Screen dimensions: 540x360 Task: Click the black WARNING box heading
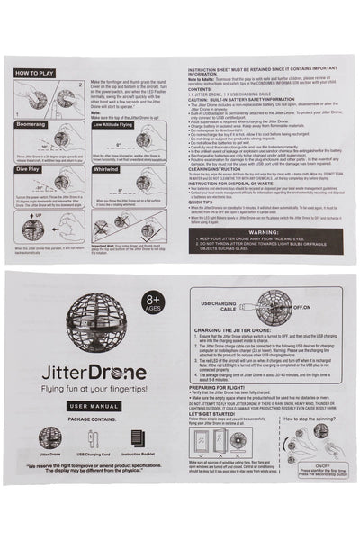pos(263,231)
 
